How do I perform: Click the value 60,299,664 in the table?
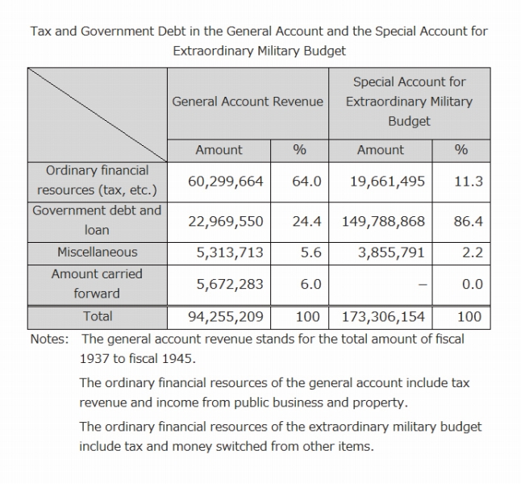[x=226, y=181]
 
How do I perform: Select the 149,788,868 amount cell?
[x=383, y=220]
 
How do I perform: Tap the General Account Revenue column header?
[x=248, y=102]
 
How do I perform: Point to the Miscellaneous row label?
[x=97, y=252]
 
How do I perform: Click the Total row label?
[x=97, y=316]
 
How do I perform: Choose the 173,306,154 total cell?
[x=383, y=317]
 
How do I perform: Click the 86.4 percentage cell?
[x=468, y=220]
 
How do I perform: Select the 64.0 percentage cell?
[x=306, y=181]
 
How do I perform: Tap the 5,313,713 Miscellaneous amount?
[x=230, y=252]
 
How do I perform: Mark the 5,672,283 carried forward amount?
[x=230, y=284]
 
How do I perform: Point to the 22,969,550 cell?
[x=226, y=220]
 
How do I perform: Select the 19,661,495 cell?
[x=387, y=181]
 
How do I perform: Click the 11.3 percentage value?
[x=468, y=181]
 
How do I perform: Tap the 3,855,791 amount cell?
[x=391, y=252]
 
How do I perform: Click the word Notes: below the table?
[x=50, y=339]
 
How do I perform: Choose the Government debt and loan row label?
[x=97, y=219]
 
